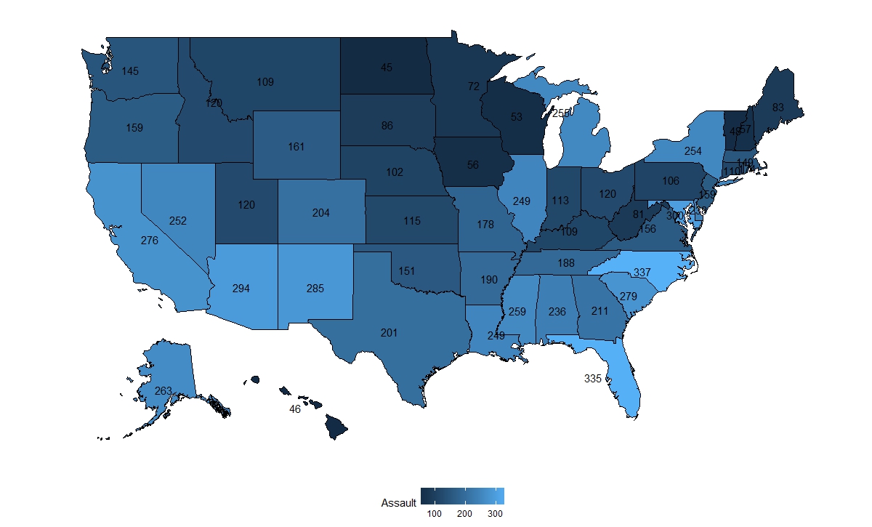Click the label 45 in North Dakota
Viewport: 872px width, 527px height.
pos(387,68)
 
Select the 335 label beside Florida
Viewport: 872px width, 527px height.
pos(593,379)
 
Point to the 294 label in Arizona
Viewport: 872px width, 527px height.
pos(241,289)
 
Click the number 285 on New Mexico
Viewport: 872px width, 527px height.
pos(315,289)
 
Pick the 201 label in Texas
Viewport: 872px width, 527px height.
pos(389,333)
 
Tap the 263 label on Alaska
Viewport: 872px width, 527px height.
pos(163,391)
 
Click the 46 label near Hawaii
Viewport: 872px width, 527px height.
pos(295,409)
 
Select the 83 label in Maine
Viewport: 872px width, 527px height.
pos(778,108)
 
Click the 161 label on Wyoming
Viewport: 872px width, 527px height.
pos(296,147)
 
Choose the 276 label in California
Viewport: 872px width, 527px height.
pos(150,240)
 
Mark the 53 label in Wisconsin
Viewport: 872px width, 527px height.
pos(517,117)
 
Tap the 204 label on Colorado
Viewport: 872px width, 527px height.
pos(321,213)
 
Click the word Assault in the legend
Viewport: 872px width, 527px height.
pos(398,503)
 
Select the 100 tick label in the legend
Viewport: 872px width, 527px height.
pos(435,514)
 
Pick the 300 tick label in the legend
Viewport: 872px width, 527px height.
pos(495,514)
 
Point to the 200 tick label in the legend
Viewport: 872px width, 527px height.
pos(465,514)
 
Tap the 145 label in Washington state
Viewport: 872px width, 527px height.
pos(131,71)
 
